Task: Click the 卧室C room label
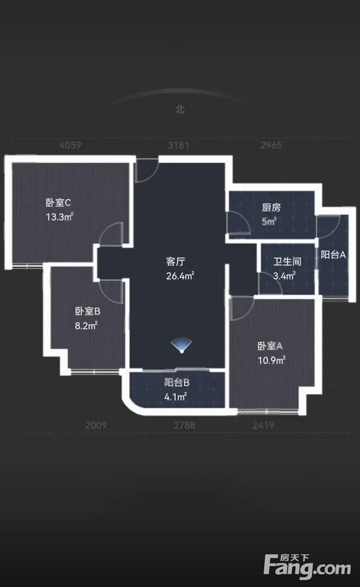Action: pos(58,203)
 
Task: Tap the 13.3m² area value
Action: pos(60,217)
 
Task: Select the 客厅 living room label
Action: pos(175,261)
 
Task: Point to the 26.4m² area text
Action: pos(180,276)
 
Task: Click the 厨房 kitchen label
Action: pos(271,207)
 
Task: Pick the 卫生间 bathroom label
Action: pos(287,261)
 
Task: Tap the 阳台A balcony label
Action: pos(333,254)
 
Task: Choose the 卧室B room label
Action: pos(88,311)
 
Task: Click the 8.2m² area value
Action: pos(86,325)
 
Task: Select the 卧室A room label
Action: pos(270,346)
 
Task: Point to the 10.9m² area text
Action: pos(271,361)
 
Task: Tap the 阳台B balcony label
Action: pos(177,383)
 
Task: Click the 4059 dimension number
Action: pos(70,145)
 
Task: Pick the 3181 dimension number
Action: pos(179,145)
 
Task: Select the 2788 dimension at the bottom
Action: pos(184,425)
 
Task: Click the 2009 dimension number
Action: pos(96,425)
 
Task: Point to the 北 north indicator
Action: pos(180,109)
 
